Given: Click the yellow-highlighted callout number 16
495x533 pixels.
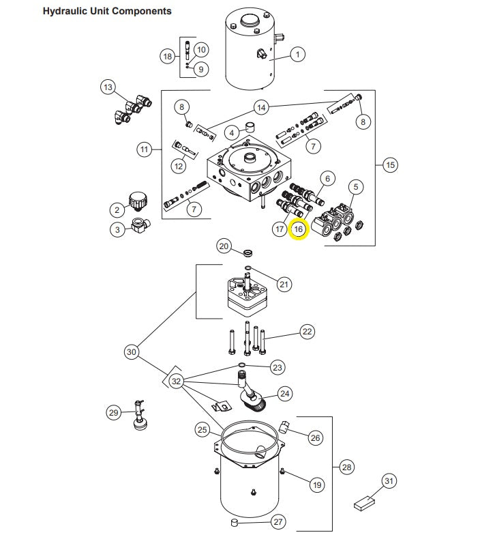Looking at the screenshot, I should (x=299, y=229).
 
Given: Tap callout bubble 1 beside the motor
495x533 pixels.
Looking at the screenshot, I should (x=297, y=54).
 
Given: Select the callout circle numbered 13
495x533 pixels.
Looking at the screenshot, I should (x=108, y=87).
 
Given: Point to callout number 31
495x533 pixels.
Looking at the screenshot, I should (x=389, y=482).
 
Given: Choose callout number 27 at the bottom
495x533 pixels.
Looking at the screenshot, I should (x=277, y=522).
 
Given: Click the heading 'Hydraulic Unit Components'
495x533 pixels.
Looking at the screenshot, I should (x=107, y=11).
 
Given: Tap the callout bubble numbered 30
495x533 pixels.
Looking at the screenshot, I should (x=132, y=352).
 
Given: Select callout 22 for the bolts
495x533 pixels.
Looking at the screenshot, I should (x=307, y=332).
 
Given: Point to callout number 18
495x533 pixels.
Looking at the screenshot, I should (x=167, y=57).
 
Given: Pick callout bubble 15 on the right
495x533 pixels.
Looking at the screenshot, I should (x=390, y=164).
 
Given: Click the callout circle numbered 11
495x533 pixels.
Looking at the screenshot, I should (x=143, y=149).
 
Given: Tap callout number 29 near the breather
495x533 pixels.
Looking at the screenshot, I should (x=114, y=412).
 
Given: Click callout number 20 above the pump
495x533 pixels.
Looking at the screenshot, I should (x=224, y=246).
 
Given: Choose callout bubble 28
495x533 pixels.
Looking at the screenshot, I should (x=346, y=467).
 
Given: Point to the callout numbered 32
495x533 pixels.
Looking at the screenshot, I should (x=177, y=381).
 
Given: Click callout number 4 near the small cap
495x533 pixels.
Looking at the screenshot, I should (x=232, y=132).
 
